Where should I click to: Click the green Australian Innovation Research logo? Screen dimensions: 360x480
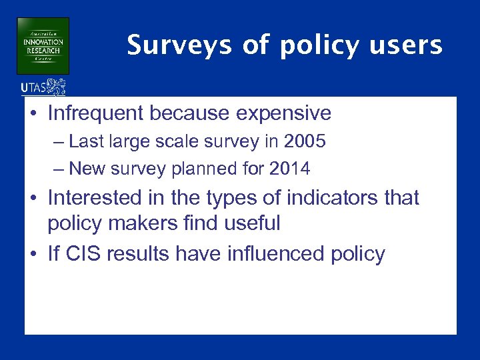(x=43, y=45)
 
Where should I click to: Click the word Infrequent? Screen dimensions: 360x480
(x=96, y=113)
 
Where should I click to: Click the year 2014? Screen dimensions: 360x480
(x=289, y=169)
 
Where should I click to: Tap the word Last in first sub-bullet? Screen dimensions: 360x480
(x=85, y=142)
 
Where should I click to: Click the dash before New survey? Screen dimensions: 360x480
(x=58, y=169)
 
